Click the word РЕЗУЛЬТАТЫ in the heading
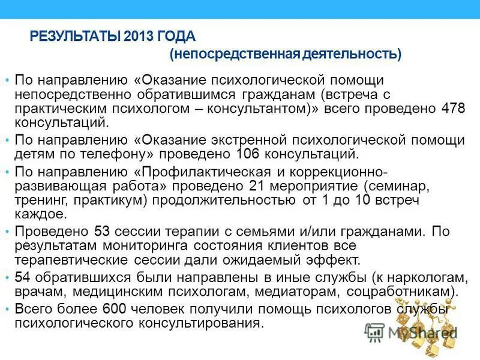tap(77, 37)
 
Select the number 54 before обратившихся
tap(23, 277)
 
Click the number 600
tap(113, 309)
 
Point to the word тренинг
tap(38, 200)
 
